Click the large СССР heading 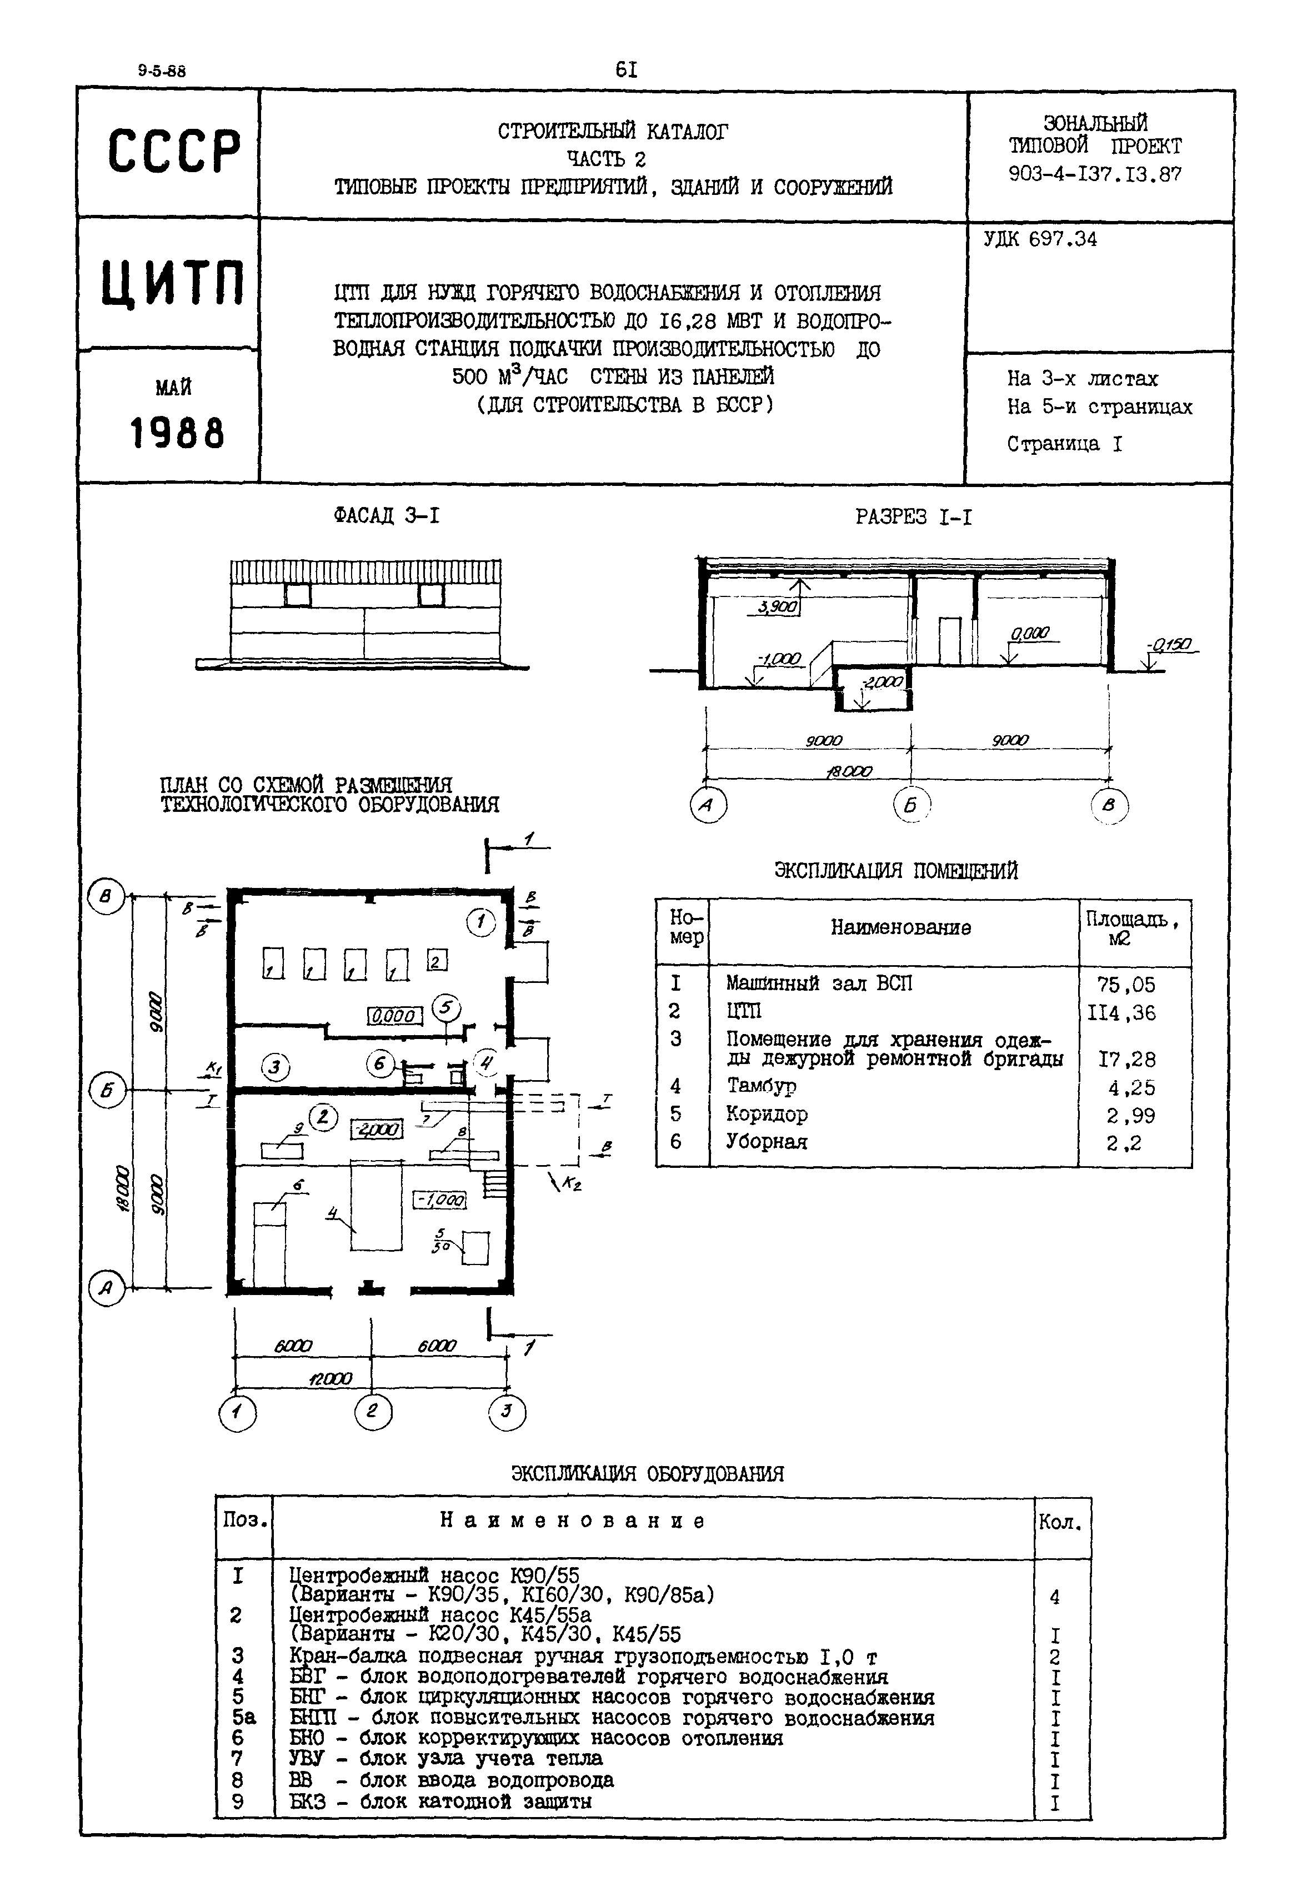174,151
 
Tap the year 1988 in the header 177,433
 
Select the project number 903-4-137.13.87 1094,174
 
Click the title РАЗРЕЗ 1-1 913,517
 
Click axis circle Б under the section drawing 910,806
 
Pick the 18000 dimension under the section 849,771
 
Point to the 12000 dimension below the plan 329,1378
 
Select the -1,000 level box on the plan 440,1200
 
